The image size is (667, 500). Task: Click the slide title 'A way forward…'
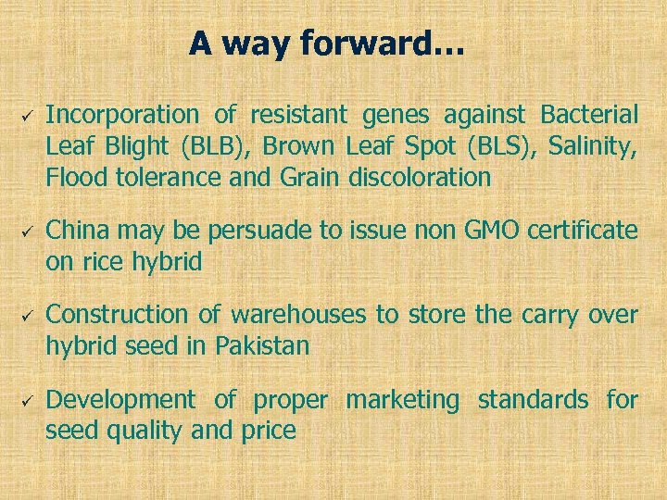328,44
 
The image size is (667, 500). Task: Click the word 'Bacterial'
589,115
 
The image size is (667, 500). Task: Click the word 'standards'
532,400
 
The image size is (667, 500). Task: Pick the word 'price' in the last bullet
270,431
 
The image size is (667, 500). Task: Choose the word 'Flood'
78,177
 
